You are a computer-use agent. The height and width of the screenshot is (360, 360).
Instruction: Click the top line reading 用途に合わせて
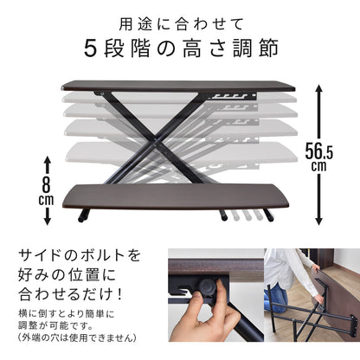tap(179, 19)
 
